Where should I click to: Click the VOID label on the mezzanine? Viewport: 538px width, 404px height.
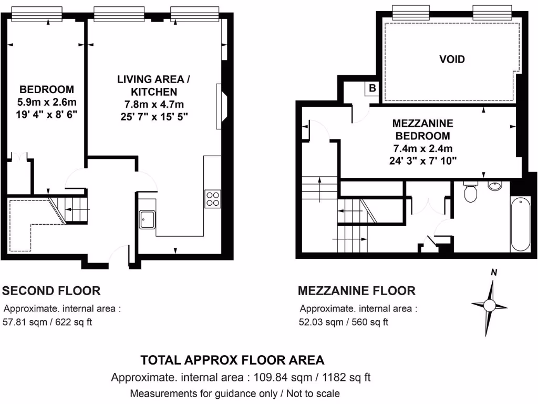point(452,59)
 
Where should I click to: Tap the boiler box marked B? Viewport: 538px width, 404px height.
point(372,88)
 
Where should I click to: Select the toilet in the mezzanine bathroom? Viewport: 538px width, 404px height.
point(471,193)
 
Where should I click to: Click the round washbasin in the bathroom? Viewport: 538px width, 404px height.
point(495,186)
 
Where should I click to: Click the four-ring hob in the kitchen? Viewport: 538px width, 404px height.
point(212,199)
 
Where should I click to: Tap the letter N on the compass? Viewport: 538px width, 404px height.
point(493,272)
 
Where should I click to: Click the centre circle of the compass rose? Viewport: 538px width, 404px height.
point(489,305)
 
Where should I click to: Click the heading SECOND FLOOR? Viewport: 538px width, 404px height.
point(51,290)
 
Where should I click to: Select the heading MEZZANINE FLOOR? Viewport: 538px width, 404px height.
point(356,290)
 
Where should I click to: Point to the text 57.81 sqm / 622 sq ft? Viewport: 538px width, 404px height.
point(48,322)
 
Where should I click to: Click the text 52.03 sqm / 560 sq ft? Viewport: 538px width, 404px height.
point(344,322)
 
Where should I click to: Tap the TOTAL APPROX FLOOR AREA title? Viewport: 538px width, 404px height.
point(232,360)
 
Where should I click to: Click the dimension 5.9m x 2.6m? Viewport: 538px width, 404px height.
point(47,101)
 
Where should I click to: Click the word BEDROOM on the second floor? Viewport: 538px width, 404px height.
point(47,89)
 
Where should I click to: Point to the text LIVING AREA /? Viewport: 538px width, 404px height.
point(153,79)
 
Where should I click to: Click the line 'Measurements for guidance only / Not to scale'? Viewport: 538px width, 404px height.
point(234,393)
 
